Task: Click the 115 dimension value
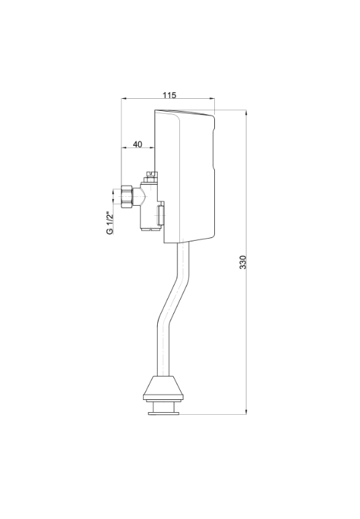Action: [x=169, y=95]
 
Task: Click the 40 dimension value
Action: [x=138, y=145]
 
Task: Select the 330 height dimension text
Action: [x=242, y=262]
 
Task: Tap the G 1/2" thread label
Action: [x=110, y=223]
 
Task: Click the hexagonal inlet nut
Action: [x=127, y=196]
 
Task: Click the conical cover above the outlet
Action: [x=163, y=388]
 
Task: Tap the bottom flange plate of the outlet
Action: [x=164, y=412]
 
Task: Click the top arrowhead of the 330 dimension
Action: [x=246, y=113]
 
